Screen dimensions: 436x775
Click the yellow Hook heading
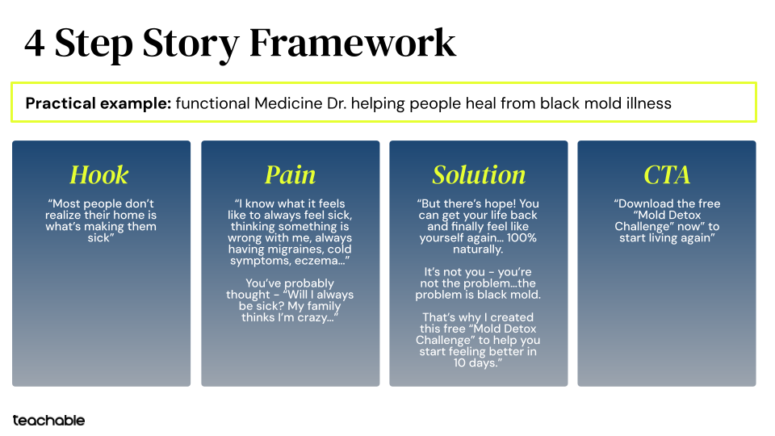tap(99, 175)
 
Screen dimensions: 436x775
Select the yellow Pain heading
tap(290, 175)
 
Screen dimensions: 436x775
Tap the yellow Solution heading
tap(479, 175)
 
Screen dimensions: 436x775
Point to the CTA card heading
tap(667, 175)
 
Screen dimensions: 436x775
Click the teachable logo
tap(48, 420)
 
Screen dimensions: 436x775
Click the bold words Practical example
tap(97, 103)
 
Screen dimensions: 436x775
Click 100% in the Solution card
tap(521, 238)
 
